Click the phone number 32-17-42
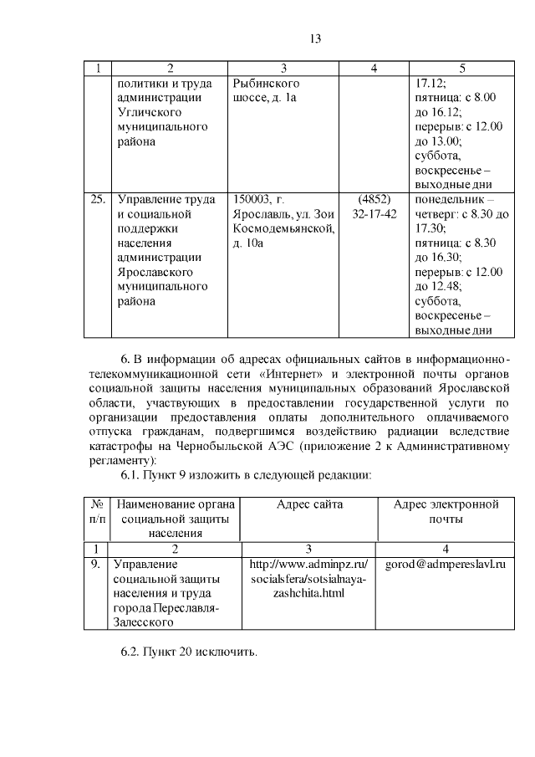point(374,213)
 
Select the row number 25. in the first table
point(98,199)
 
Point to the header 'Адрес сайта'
point(309,504)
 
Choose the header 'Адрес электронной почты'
point(446,511)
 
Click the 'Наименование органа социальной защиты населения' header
point(176,518)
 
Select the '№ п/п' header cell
point(98,511)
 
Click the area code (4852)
point(374,199)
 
